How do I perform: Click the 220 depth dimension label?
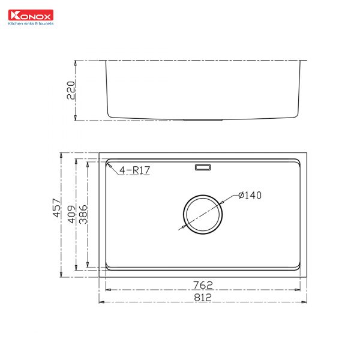point(70,89)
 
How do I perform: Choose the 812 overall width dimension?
point(203,296)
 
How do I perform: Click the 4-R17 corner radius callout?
point(134,171)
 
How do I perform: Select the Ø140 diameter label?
point(250,195)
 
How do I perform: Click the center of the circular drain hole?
point(202,213)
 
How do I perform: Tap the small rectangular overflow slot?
point(202,167)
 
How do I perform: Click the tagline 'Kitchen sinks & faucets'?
point(29,25)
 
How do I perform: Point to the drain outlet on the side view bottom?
point(203,119)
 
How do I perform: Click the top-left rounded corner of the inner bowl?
point(109,163)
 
